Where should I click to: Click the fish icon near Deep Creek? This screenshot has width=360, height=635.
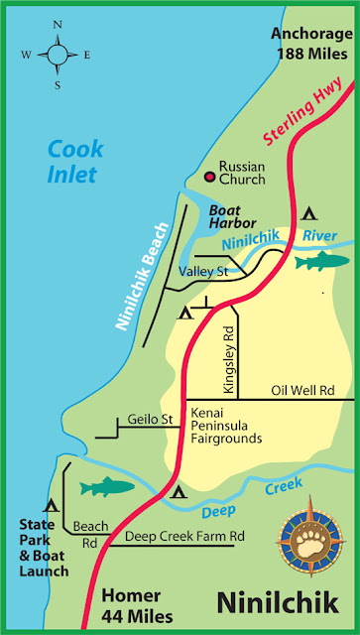[x=104, y=487]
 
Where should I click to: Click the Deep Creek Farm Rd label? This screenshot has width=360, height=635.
[x=184, y=537]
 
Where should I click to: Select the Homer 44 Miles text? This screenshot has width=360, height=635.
[x=136, y=603]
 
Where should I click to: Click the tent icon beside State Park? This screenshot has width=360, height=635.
[x=48, y=506]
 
